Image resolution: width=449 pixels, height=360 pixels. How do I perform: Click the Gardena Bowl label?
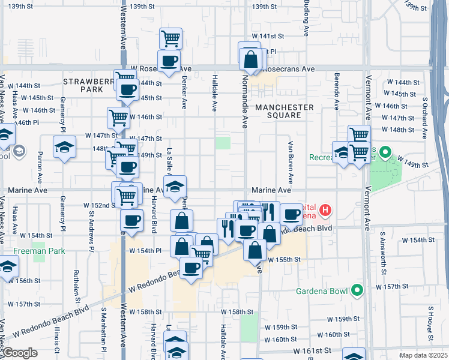pos(322,292)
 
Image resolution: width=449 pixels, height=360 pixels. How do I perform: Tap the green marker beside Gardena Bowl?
pos(357,292)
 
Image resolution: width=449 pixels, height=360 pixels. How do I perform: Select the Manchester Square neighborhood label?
pos(285,112)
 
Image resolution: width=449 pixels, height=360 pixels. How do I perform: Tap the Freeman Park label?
pos(39,251)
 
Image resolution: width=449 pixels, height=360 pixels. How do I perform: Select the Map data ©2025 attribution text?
pos(424,355)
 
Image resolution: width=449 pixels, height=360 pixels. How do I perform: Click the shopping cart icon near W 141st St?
pos(171,38)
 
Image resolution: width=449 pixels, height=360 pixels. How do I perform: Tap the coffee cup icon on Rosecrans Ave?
pos(169,60)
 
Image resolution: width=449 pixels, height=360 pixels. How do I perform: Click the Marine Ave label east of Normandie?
pos(275,190)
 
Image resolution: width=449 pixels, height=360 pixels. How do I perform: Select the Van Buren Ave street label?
pos(291,163)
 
